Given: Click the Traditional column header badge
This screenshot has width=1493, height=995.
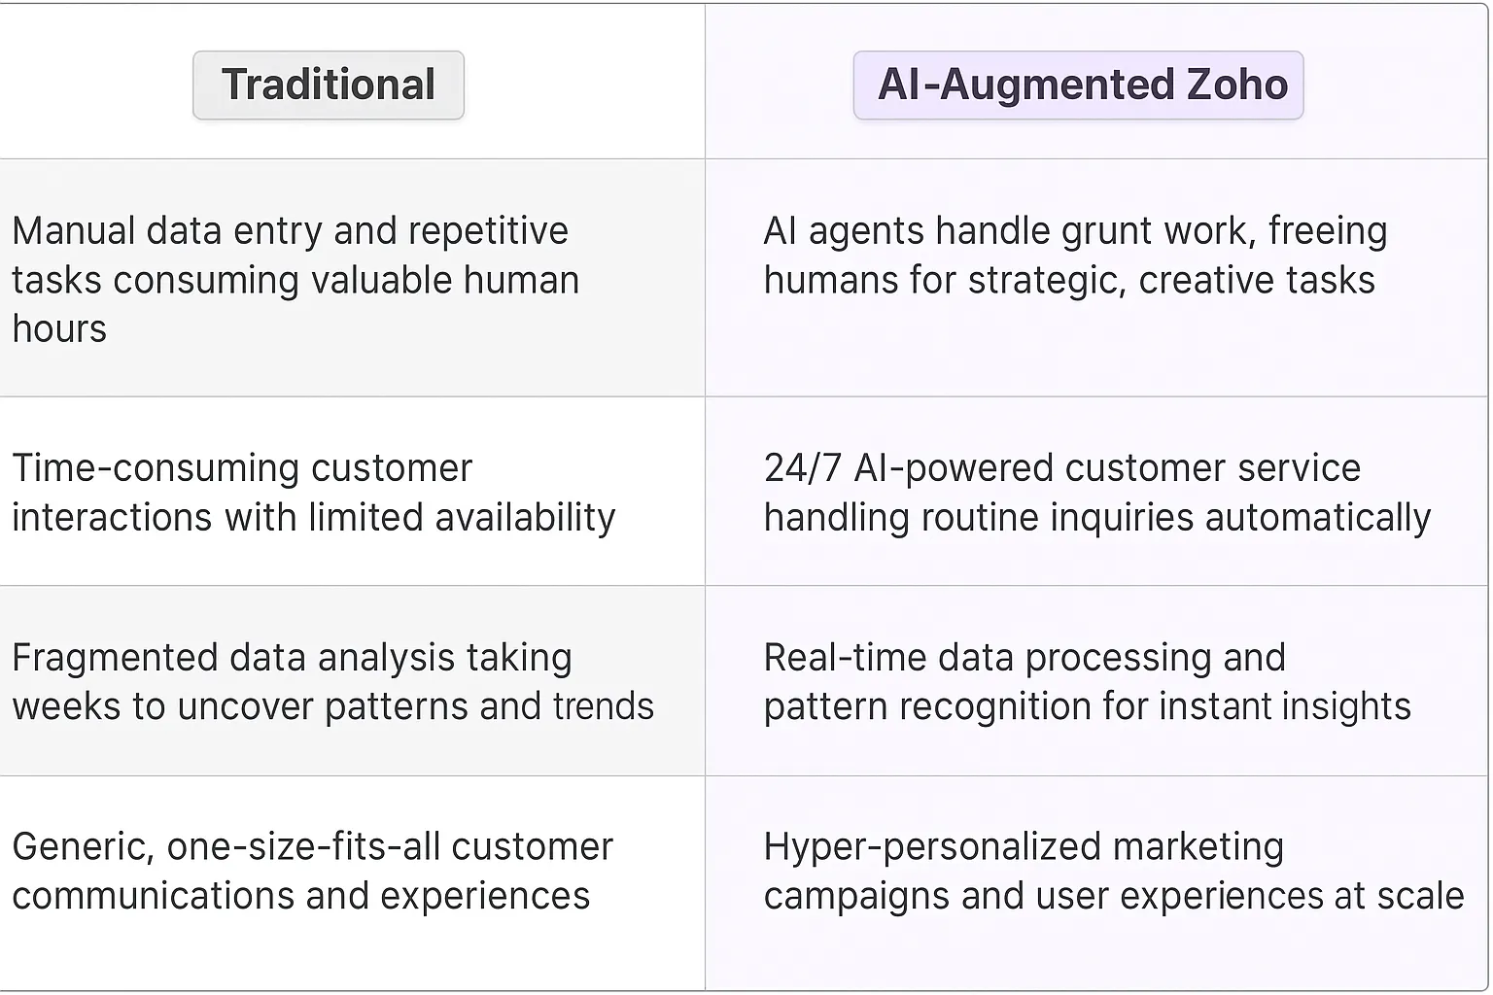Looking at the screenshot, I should (x=329, y=86).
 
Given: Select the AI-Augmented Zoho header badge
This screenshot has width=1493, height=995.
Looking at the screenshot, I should (x=1078, y=86).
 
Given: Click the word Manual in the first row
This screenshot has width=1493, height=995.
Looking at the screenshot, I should (x=73, y=231).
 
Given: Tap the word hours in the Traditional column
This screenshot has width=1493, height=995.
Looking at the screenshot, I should (x=59, y=329).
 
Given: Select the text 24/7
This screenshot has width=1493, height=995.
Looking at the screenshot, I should (x=803, y=468).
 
